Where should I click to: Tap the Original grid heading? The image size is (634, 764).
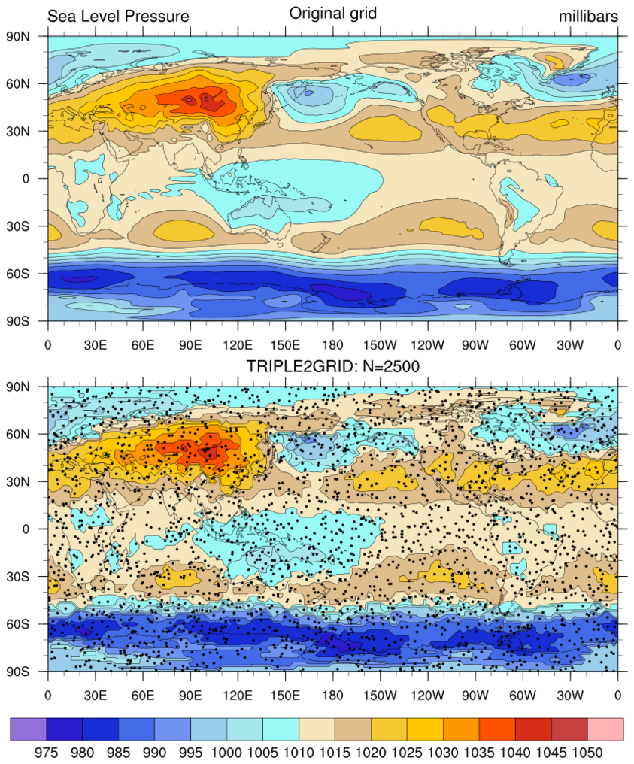pos(332,13)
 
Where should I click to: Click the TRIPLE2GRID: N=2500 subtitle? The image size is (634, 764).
pos(332,366)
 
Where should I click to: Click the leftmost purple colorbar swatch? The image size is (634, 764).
pos(29,729)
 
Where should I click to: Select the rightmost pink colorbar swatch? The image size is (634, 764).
pos(605,729)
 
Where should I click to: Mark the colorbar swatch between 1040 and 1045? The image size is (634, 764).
pos(533,729)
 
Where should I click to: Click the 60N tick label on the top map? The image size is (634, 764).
pos(29,83)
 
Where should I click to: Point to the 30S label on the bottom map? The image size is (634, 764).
pos(29,577)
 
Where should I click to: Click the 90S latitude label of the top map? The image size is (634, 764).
pos(29,320)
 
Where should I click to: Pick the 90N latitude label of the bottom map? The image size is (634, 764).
pos(29,387)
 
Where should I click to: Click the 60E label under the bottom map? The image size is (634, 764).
pos(143,696)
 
